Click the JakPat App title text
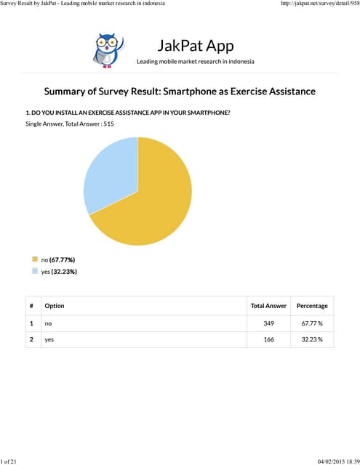pos(196,46)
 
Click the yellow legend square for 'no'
pos(34,259)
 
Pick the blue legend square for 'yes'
pos(34,271)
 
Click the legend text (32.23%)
pos(64,272)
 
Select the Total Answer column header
pos(268,306)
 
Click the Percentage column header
pos(312,306)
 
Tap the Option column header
pos(54,306)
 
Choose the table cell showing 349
pos(268,323)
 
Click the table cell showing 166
pos(268,339)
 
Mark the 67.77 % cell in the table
pos(312,323)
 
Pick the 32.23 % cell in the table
pos(312,339)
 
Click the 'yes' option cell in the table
pos(49,339)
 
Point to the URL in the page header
pos(319,4)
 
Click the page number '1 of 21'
pos(10,461)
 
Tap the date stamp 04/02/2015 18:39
pos(338,461)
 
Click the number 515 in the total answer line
pos(108,124)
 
